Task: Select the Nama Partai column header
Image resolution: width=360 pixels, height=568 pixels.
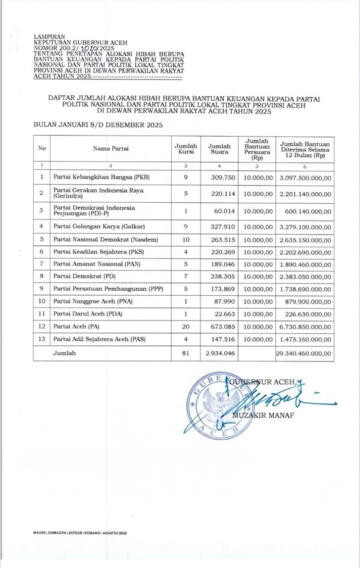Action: [x=110, y=149]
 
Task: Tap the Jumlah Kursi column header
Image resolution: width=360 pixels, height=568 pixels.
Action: [x=185, y=149]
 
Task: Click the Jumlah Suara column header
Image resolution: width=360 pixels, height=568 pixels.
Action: [x=219, y=149]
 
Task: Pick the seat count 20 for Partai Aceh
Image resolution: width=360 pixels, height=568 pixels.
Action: [x=185, y=327]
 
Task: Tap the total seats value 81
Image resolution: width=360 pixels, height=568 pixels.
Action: [x=185, y=353]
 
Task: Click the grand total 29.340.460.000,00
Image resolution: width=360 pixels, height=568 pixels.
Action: [x=304, y=353]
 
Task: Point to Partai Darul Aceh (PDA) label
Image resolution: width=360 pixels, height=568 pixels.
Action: [x=88, y=314]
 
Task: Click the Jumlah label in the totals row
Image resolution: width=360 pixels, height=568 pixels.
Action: [x=64, y=353]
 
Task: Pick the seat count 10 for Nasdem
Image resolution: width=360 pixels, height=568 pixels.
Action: [x=185, y=239]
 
